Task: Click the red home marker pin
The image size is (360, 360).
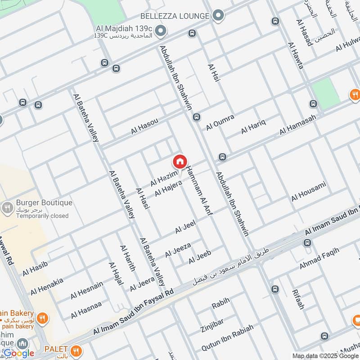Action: click(x=180, y=162)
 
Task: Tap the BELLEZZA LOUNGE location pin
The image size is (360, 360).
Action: click(x=218, y=16)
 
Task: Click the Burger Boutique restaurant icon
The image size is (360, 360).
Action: click(x=7, y=208)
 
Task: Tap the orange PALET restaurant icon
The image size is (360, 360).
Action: click(x=76, y=349)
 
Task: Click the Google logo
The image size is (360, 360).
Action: click(x=19, y=353)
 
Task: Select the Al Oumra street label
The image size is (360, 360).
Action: click(x=220, y=122)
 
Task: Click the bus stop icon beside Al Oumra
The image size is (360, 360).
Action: click(x=196, y=117)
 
